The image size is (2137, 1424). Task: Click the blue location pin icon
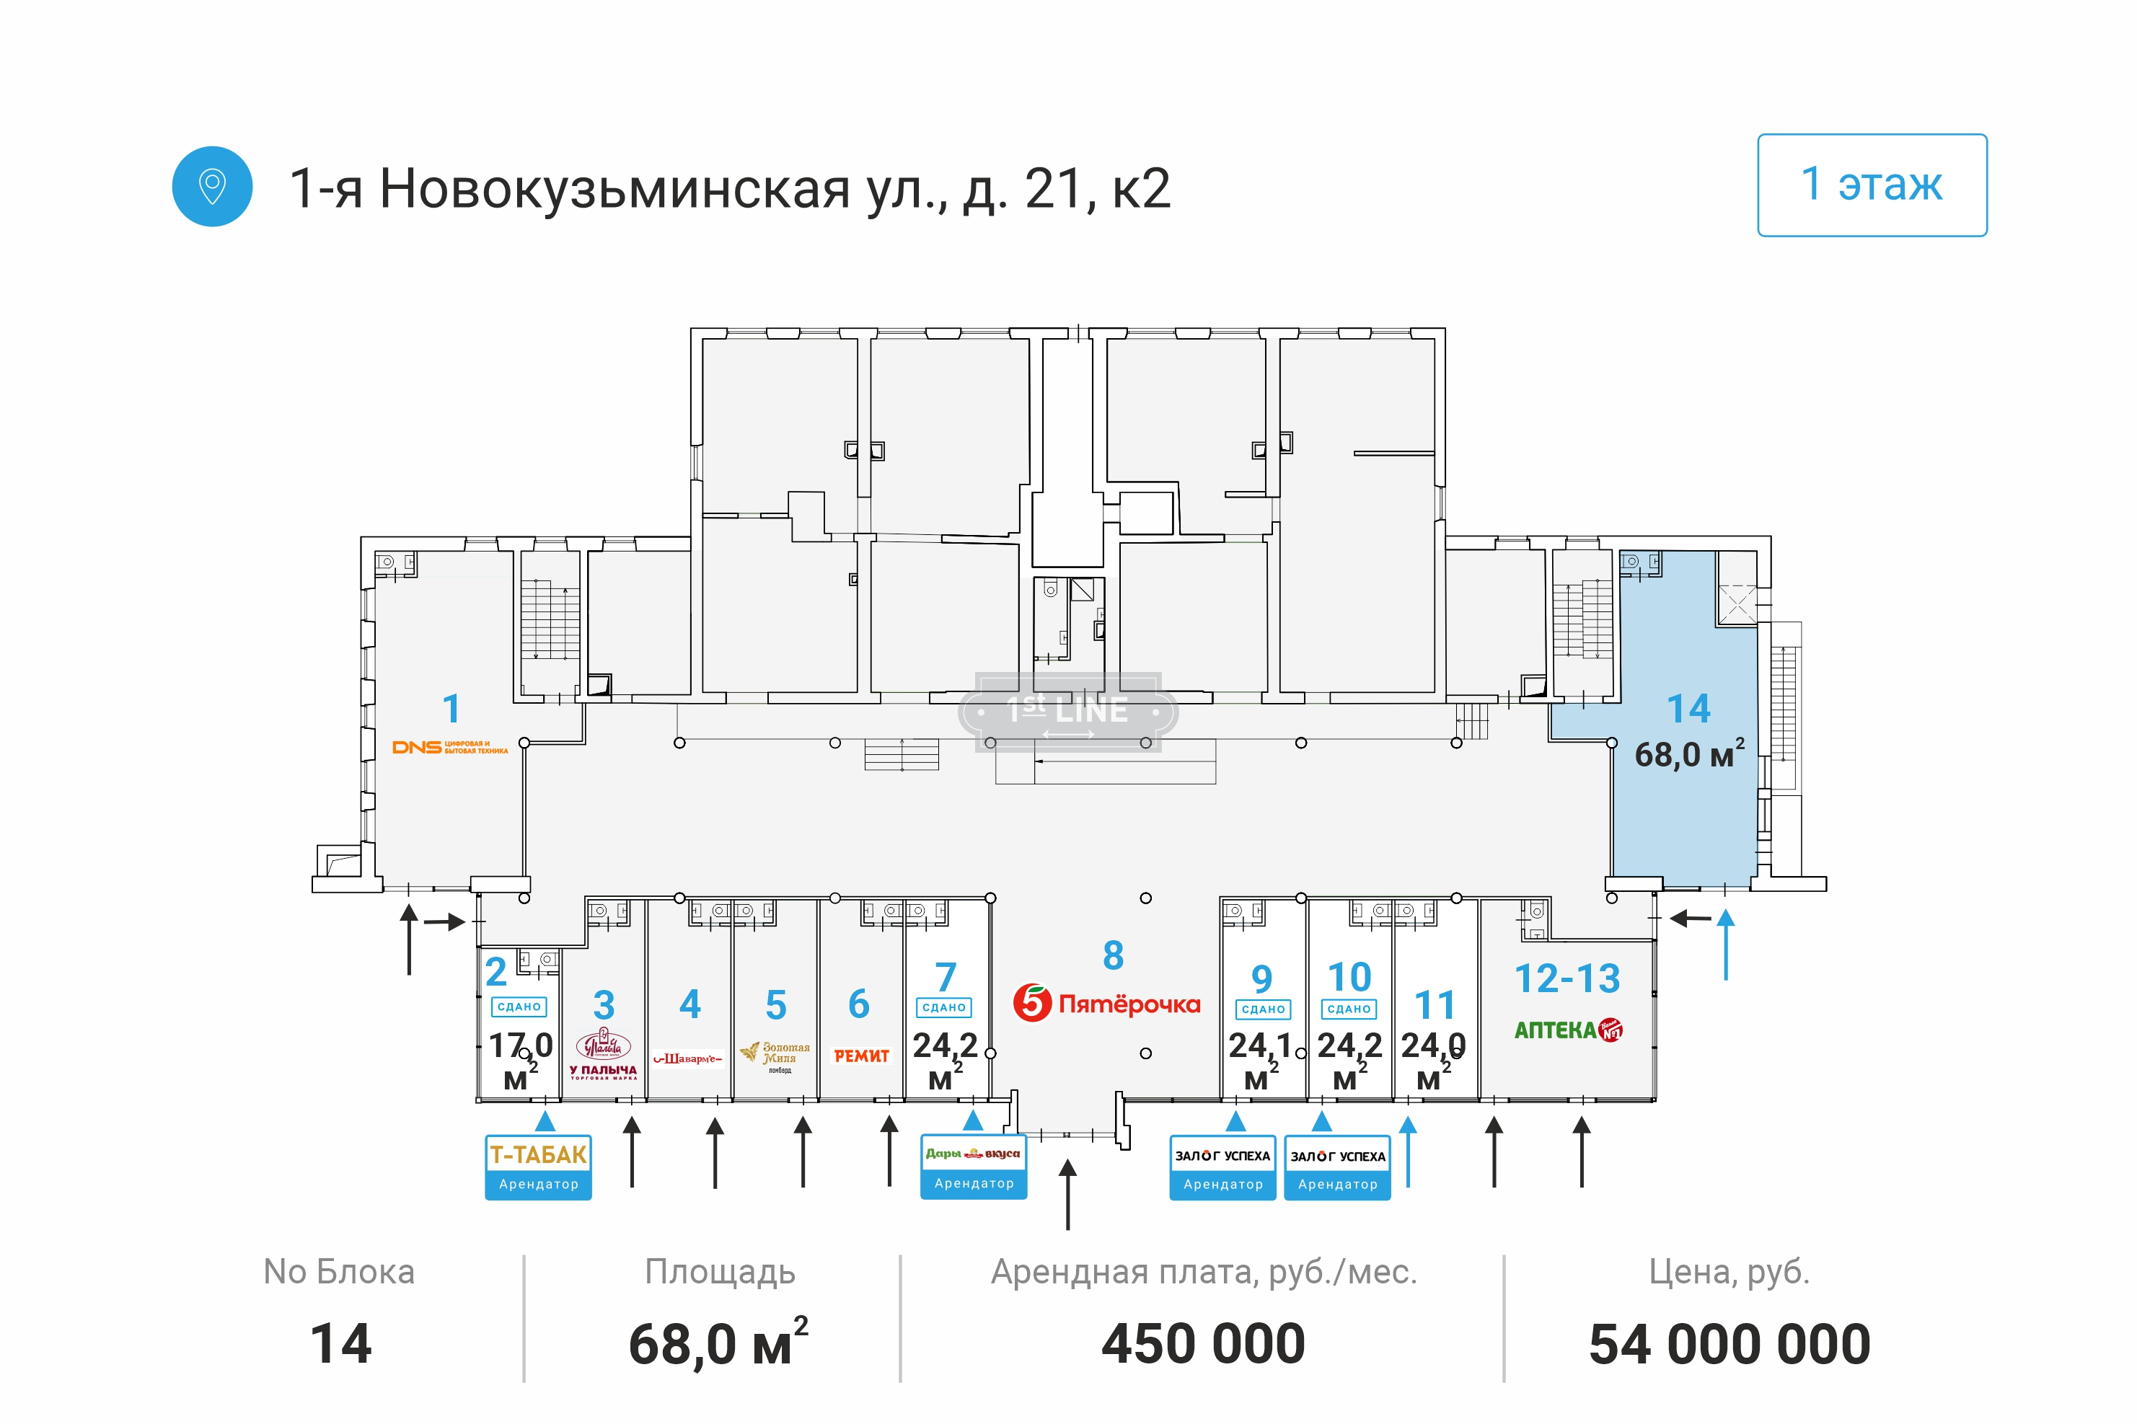tap(211, 186)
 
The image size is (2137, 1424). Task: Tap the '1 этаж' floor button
tap(1871, 185)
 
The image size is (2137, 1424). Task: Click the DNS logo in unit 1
tap(449, 748)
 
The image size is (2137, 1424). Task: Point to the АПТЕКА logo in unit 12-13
tap(1567, 1030)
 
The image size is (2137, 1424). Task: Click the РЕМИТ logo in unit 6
tap(861, 1056)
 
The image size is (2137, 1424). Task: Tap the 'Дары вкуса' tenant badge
tap(973, 1166)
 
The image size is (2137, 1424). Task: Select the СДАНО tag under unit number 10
tap(1349, 1009)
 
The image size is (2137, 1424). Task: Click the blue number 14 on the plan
tap(1688, 708)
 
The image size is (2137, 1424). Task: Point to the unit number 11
tap(1435, 1005)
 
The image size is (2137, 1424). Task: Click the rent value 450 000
tap(1203, 1344)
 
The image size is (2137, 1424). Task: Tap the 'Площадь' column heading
tap(719, 1271)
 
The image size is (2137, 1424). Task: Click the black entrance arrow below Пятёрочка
tap(1068, 1193)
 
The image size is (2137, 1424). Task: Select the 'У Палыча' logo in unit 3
tap(603, 1053)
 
